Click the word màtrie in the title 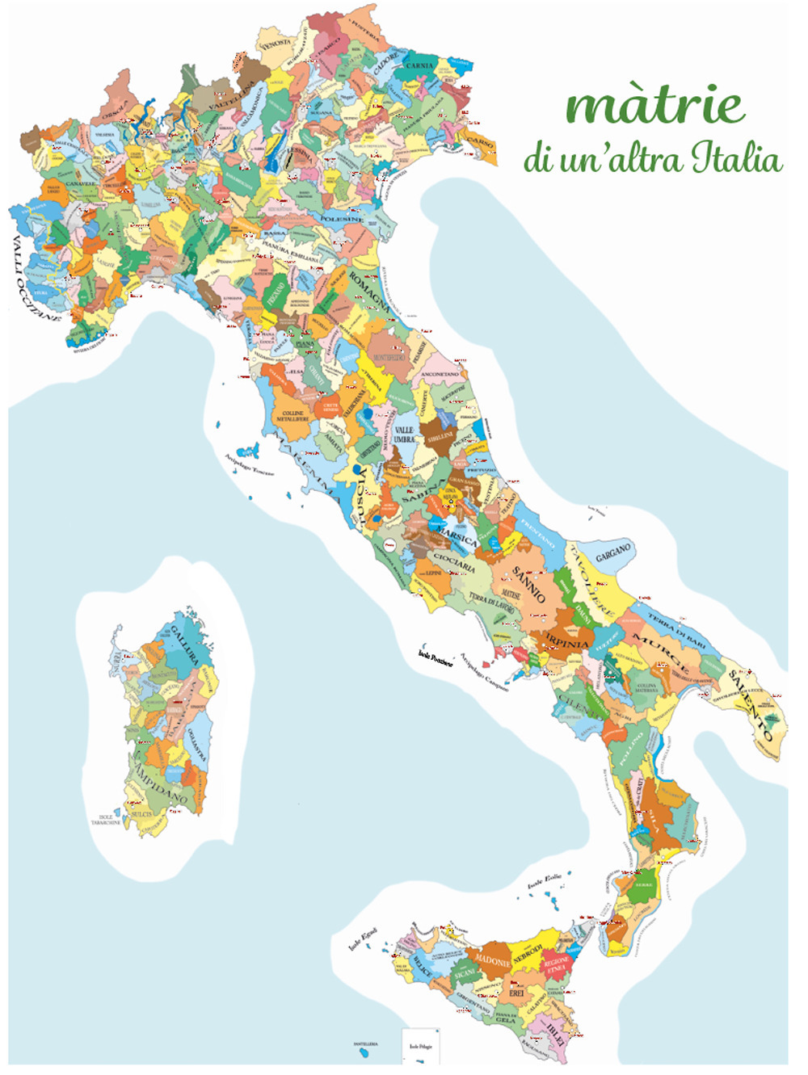click(654, 107)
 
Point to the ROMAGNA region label click(369, 292)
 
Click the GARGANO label click(612, 553)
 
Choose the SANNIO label click(528, 584)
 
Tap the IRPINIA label click(567, 643)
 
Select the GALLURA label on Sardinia click(184, 645)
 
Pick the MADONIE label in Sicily click(492, 961)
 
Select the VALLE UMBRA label click(404, 435)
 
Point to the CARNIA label click(419, 65)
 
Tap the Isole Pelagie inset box click(421, 1045)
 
